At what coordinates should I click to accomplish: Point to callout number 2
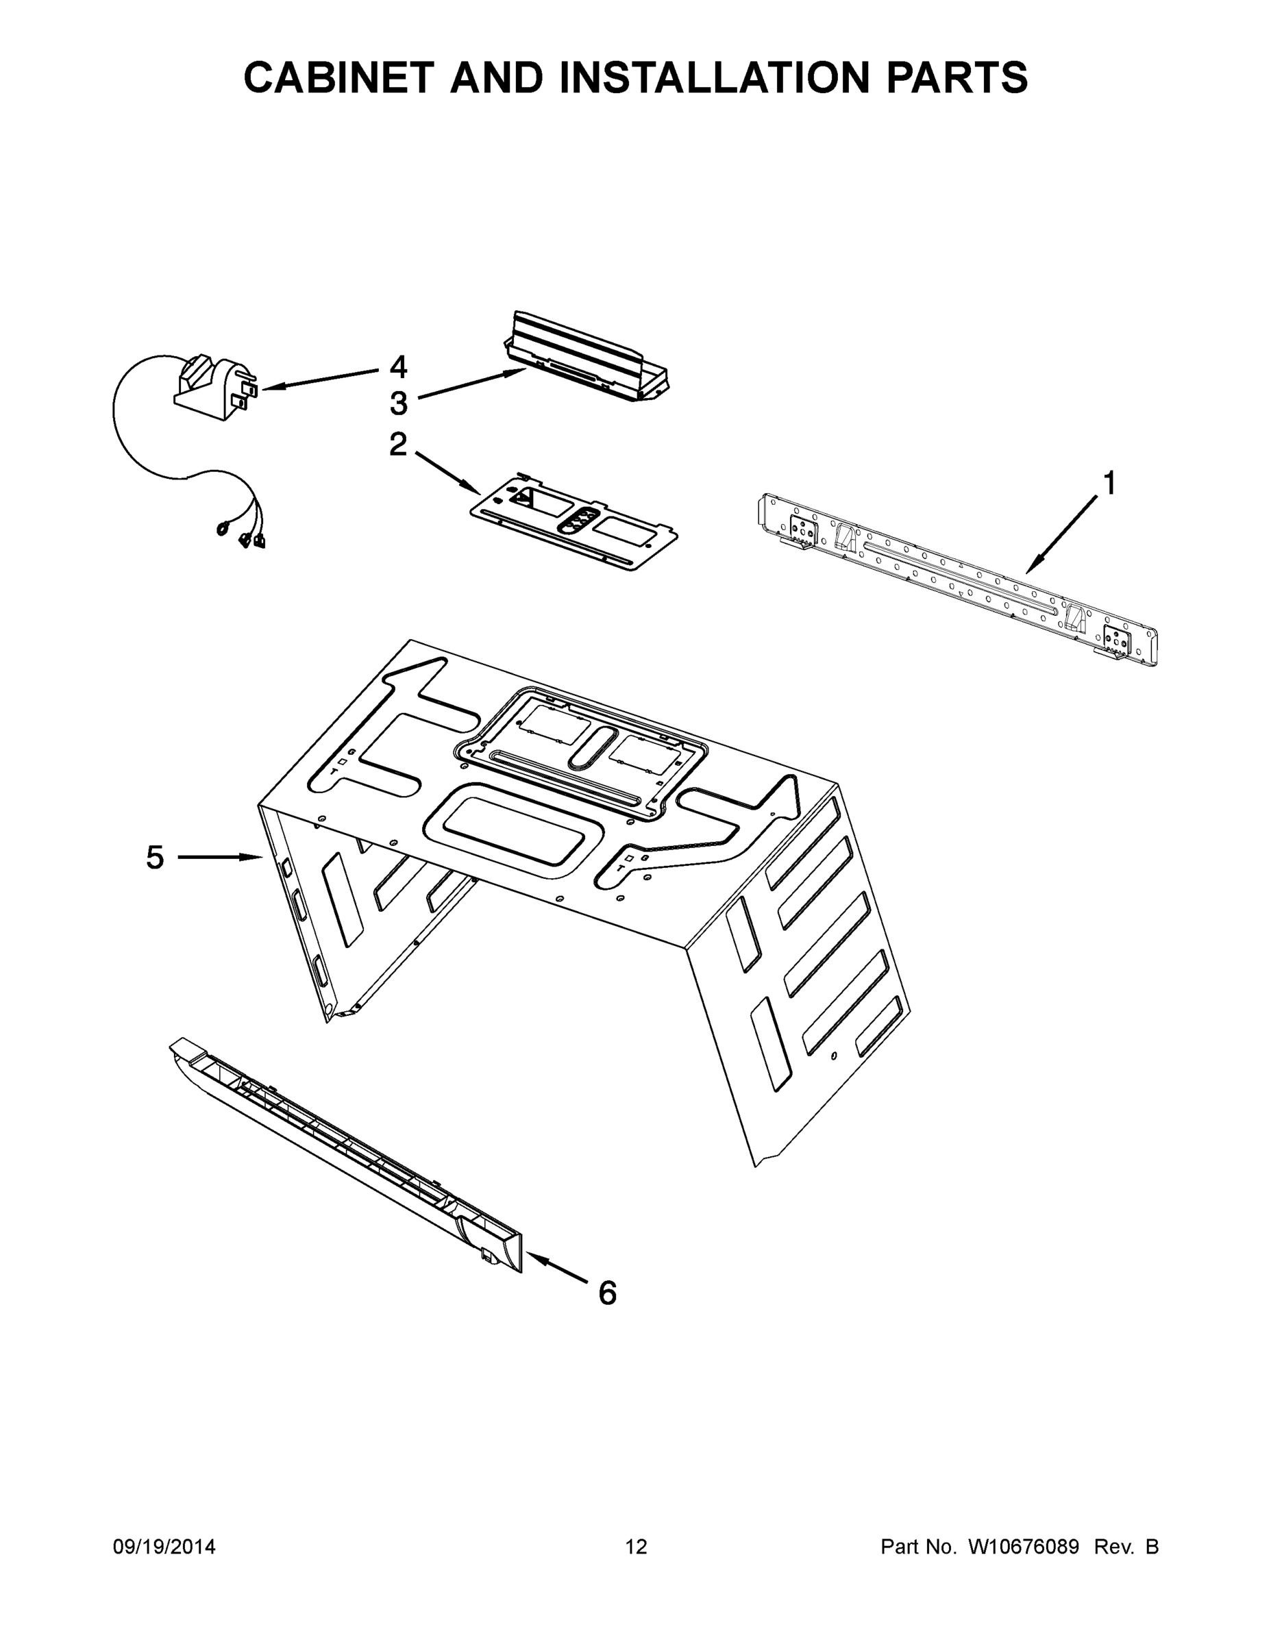click(x=397, y=444)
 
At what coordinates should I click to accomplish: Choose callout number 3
click(x=398, y=403)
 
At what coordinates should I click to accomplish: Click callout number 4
click(x=398, y=367)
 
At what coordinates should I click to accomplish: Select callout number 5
click(x=154, y=857)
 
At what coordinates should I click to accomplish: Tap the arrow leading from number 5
click(x=219, y=857)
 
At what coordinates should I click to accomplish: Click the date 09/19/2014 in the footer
click(x=164, y=1546)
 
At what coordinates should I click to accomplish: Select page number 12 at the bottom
click(x=636, y=1546)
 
